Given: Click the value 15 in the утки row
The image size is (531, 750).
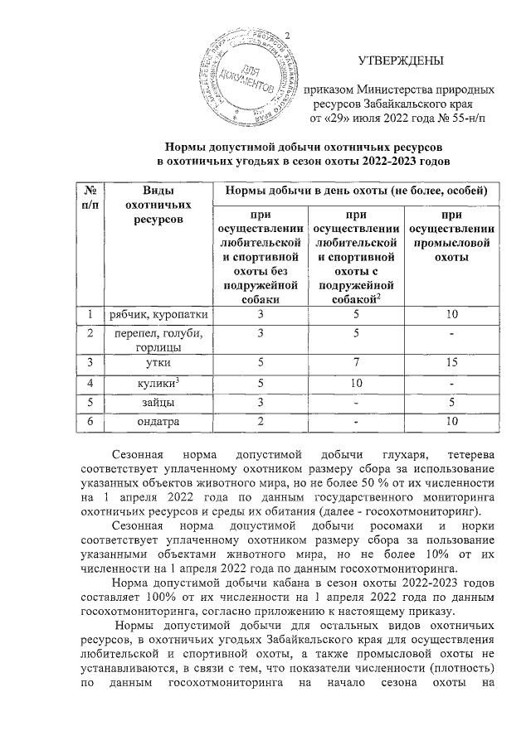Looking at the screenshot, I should [x=452, y=362].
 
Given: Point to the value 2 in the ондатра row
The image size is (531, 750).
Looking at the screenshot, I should [x=260, y=422].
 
